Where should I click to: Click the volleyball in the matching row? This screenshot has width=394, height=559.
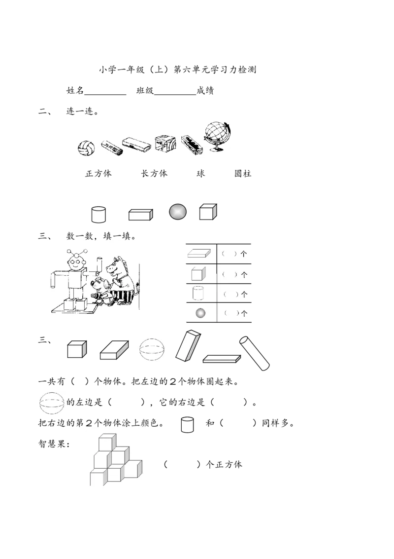pyautogui.click(x=86, y=148)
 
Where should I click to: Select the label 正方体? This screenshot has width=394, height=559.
pyautogui.click(x=98, y=174)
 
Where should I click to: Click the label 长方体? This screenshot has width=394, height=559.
pyautogui.click(x=154, y=174)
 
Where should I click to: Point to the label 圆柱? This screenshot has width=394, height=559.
pyautogui.click(x=243, y=174)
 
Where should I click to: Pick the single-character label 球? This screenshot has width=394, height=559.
pyautogui.click(x=201, y=174)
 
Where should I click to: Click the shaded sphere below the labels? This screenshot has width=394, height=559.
pyautogui.click(x=178, y=211)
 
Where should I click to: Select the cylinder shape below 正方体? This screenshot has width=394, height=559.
pyautogui.click(x=98, y=214)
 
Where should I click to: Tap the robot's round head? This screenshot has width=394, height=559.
pyautogui.click(x=76, y=263)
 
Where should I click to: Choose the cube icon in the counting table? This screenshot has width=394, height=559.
pyautogui.click(x=198, y=274)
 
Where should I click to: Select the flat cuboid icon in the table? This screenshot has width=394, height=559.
pyautogui.click(x=199, y=253)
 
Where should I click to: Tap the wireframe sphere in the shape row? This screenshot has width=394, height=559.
pyautogui.click(x=152, y=349)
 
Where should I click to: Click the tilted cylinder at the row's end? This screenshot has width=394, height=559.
pyautogui.click(x=254, y=353)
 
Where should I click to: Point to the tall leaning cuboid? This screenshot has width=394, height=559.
pyautogui.click(x=188, y=345)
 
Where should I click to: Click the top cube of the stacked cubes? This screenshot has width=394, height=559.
pyautogui.click(x=107, y=443)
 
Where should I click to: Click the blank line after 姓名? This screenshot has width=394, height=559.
pyautogui.click(x=105, y=94)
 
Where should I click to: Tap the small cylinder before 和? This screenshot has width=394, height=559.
pyautogui.click(x=188, y=425)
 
